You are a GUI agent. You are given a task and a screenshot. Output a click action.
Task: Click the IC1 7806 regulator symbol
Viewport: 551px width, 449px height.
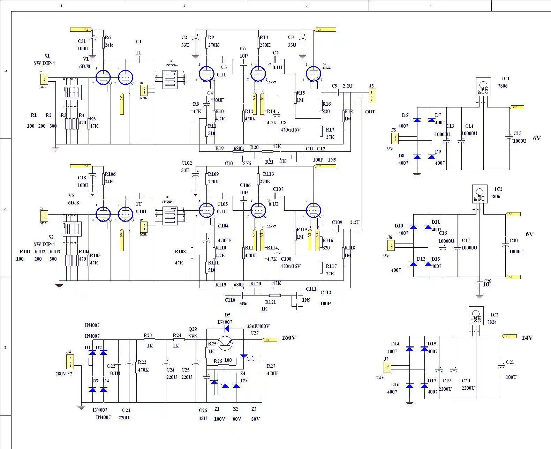[x=483, y=87]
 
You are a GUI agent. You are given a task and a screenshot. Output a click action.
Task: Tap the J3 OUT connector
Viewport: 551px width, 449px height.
[x=372, y=96]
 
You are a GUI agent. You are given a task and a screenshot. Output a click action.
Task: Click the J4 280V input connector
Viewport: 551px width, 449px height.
[x=70, y=361]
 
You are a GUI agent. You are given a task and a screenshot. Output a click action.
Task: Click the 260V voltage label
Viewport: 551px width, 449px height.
[x=289, y=338]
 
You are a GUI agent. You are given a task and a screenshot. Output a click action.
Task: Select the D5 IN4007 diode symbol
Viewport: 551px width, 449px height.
[x=227, y=328]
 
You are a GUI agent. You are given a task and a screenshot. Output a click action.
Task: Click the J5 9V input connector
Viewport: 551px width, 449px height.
[x=395, y=139]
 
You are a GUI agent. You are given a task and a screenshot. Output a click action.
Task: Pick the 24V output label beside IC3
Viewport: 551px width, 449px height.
[x=527, y=338]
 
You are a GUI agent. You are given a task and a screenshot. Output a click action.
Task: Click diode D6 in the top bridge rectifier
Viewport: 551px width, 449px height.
[x=417, y=120]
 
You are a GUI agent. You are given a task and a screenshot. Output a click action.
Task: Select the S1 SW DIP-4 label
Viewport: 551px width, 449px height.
[x=44, y=60]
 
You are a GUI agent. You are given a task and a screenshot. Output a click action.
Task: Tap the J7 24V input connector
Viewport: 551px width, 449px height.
[x=387, y=367]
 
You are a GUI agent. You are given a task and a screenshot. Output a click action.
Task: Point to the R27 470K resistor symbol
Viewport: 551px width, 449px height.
[x=262, y=367]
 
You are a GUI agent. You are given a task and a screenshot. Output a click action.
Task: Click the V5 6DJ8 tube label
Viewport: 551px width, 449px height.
[x=73, y=199]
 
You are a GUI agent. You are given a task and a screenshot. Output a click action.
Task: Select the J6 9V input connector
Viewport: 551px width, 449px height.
[x=391, y=245]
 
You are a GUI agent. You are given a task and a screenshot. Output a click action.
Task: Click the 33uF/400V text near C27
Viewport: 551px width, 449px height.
[x=258, y=327]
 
